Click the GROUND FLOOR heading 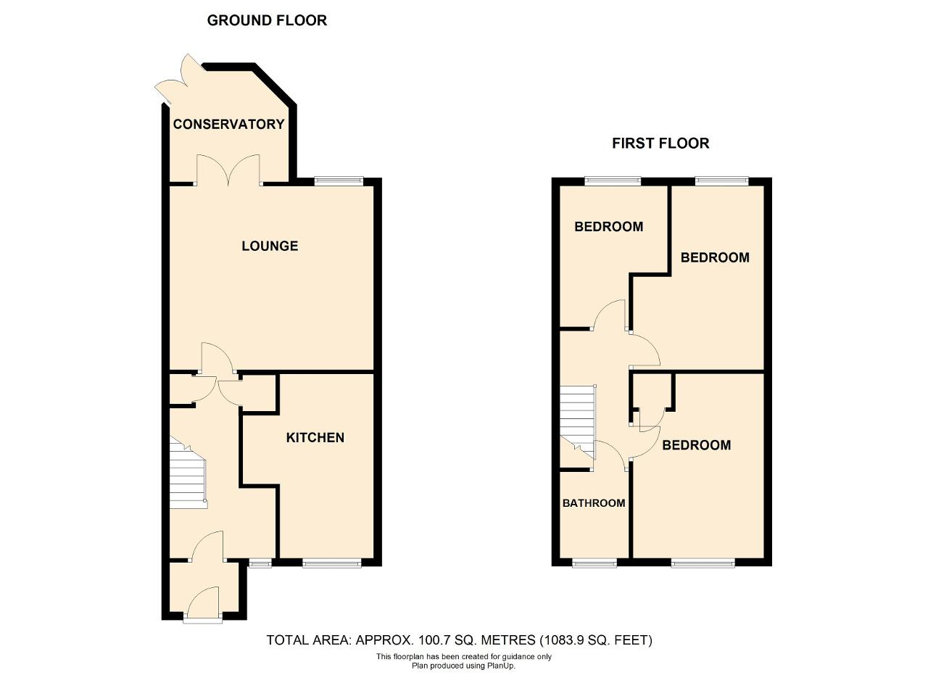pos(267,20)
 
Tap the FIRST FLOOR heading pos(660,144)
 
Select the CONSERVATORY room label pos(228,124)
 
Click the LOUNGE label pos(270,246)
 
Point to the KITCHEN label pos(315,438)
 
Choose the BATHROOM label pos(594,503)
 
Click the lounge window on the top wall pos(339,181)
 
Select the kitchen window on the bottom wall pos(332,563)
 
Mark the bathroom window pos(594,563)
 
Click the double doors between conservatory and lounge pos(228,170)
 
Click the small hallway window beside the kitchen pos(260,563)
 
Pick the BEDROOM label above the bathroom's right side pos(697,445)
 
